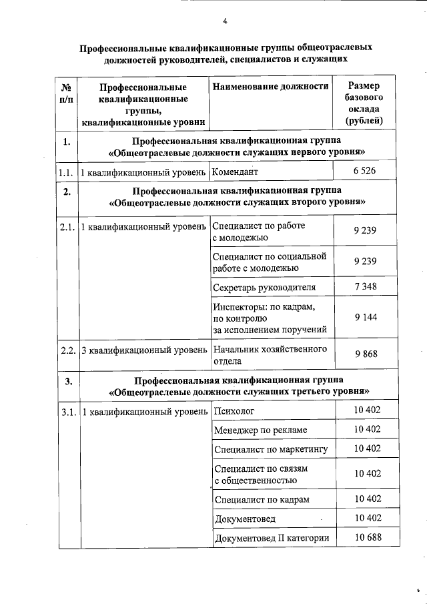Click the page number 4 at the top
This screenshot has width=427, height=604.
tap(226, 21)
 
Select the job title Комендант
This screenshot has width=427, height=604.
tap(236, 172)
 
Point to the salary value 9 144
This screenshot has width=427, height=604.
tap(365, 318)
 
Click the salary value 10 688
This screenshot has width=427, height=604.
tap(366, 537)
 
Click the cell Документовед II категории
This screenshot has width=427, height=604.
tap(272, 538)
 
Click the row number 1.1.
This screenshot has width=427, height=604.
tap(65, 172)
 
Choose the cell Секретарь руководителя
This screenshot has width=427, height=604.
tap(264, 288)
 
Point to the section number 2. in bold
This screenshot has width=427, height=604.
tap(66, 193)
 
